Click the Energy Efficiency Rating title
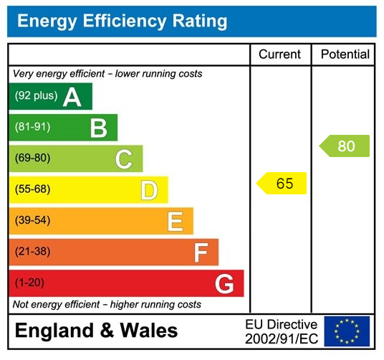(x=122, y=21)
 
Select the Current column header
(x=279, y=55)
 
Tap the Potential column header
(x=345, y=55)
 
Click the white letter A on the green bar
(x=72, y=97)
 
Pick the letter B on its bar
(x=98, y=128)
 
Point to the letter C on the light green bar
(x=124, y=159)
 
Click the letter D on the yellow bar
(x=149, y=190)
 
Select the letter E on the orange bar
(x=175, y=222)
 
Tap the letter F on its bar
(x=201, y=252)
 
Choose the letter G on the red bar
(x=224, y=284)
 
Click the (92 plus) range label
(x=36, y=96)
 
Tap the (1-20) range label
(x=29, y=283)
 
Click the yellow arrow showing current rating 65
(x=282, y=184)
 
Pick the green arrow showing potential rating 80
(x=345, y=146)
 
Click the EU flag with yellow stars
(x=347, y=331)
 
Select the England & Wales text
(x=96, y=331)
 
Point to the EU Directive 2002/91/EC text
(x=281, y=331)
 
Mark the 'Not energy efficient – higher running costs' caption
(x=107, y=305)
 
